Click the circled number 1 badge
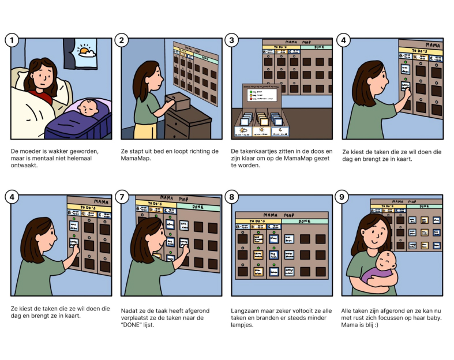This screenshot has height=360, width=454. tap(12, 40)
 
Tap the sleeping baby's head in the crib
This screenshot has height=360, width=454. tap(88, 107)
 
